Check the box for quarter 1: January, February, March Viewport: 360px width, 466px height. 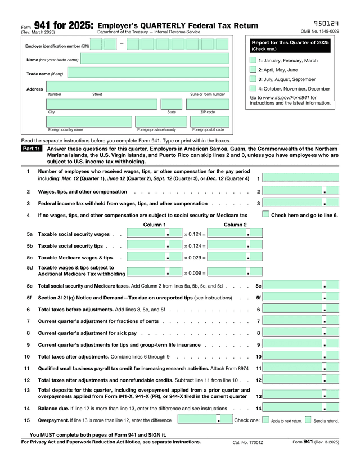(253, 60)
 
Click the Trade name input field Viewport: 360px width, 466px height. (148, 73)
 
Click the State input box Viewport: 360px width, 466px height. (171, 104)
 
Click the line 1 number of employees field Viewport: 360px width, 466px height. (301, 178)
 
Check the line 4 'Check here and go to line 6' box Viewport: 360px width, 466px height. (265, 214)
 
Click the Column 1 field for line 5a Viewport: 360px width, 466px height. (148, 234)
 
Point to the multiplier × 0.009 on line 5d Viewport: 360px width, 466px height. (195, 273)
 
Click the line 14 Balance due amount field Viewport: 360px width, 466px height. (301, 408)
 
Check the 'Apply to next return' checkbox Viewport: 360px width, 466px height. (266, 420)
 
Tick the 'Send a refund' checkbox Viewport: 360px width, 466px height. (308, 420)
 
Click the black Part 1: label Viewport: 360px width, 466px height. (31, 148)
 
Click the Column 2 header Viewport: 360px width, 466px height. (235, 225)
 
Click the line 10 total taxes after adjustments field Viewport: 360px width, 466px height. (301, 356)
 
